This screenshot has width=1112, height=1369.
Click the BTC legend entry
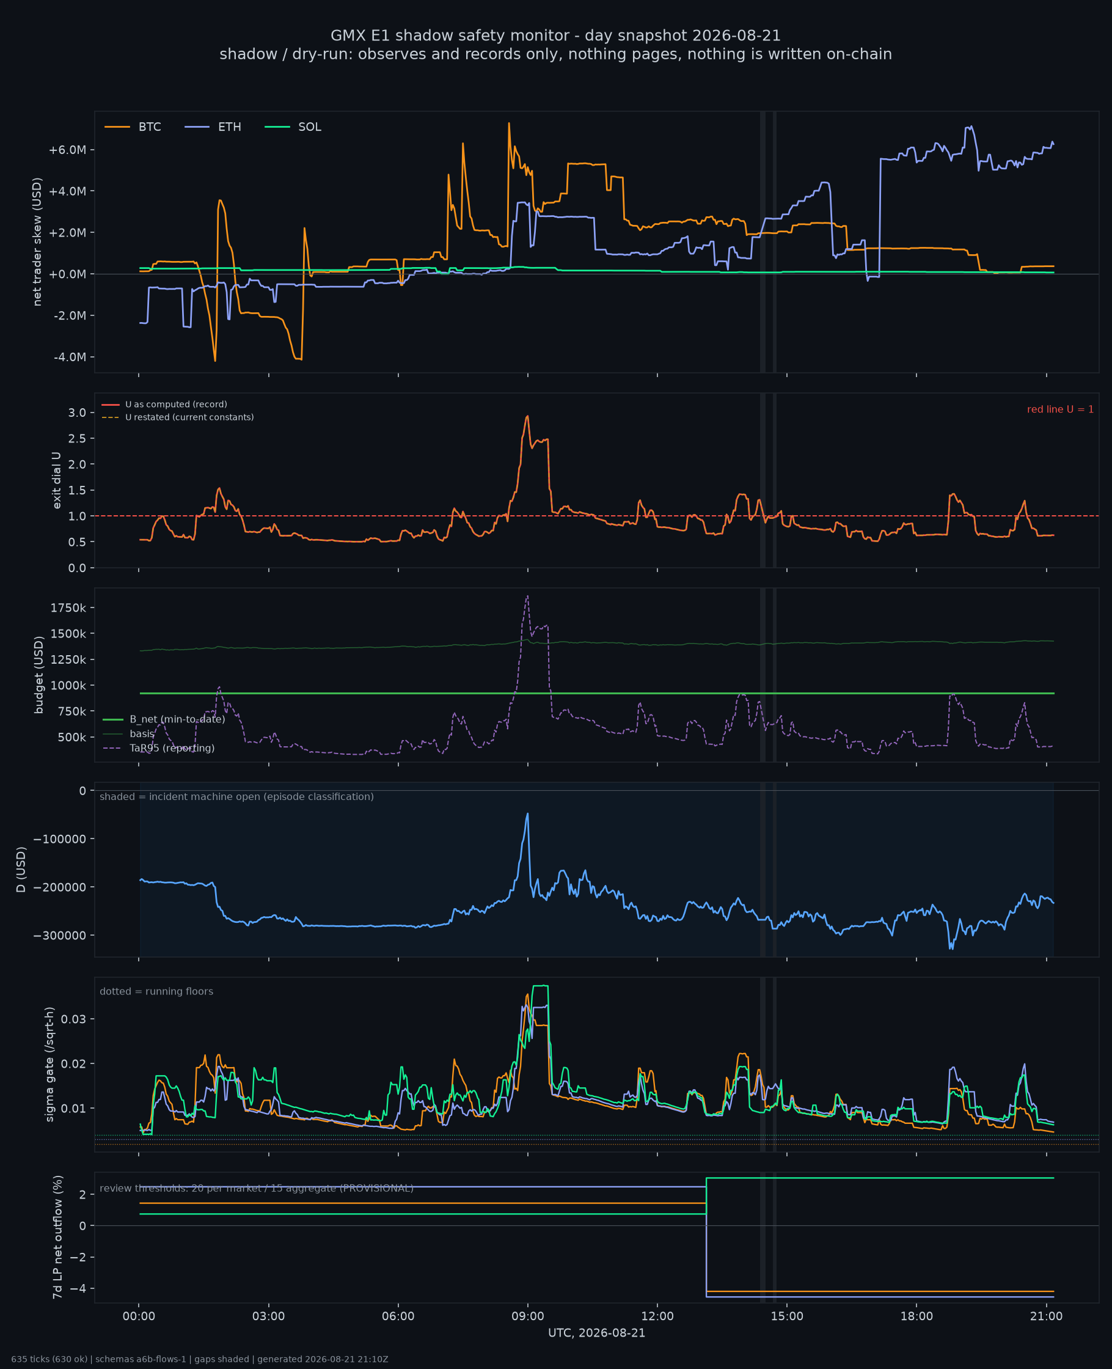click(133, 127)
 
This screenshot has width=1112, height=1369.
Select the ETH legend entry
click(213, 127)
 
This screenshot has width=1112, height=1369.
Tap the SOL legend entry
click(293, 127)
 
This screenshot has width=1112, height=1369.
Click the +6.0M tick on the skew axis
click(67, 150)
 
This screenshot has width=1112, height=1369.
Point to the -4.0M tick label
click(69, 357)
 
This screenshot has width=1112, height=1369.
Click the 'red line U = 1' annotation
click(1060, 409)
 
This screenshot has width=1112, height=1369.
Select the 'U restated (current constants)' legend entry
click(177, 417)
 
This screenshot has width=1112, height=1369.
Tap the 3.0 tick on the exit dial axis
click(77, 413)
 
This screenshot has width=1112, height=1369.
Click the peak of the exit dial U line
click(527, 416)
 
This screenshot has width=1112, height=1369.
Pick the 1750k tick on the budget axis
click(68, 607)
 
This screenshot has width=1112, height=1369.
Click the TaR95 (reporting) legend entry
click(158, 748)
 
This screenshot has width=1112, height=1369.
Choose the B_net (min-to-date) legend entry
click(163, 719)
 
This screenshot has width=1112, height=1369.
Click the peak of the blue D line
click(527, 813)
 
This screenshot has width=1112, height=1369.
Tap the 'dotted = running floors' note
click(156, 991)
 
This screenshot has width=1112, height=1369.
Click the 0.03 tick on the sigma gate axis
click(73, 1019)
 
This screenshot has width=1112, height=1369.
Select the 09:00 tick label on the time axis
click(527, 1316)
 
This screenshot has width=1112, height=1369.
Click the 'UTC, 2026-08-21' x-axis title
click(596, 1333)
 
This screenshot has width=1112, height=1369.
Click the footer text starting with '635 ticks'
click(200, 1359)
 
